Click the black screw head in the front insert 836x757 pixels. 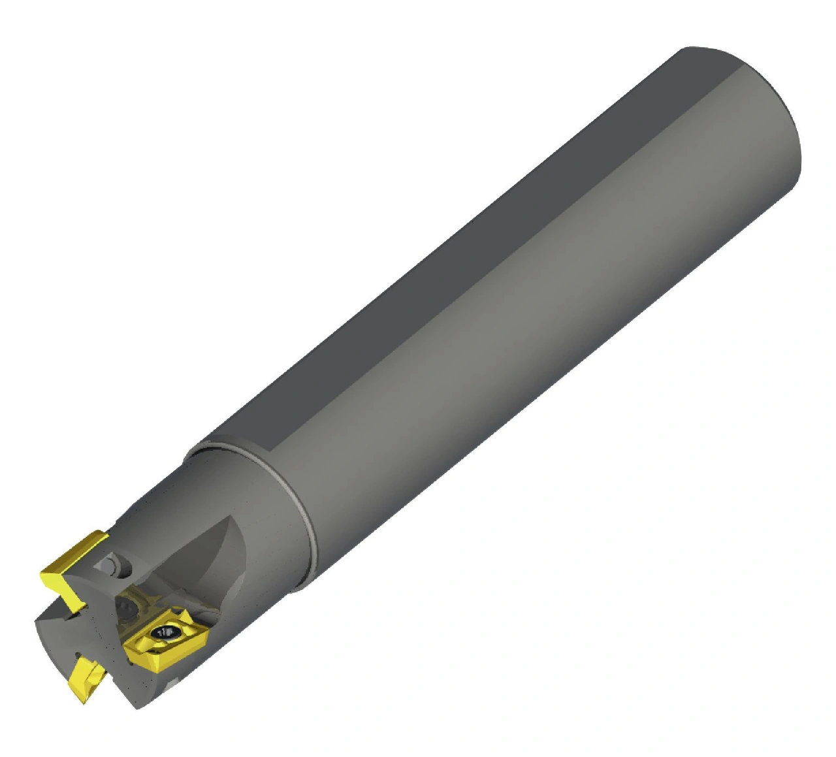point(165,632)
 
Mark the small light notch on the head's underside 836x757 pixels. point(172,683)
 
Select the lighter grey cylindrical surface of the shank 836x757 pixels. point(522,327)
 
